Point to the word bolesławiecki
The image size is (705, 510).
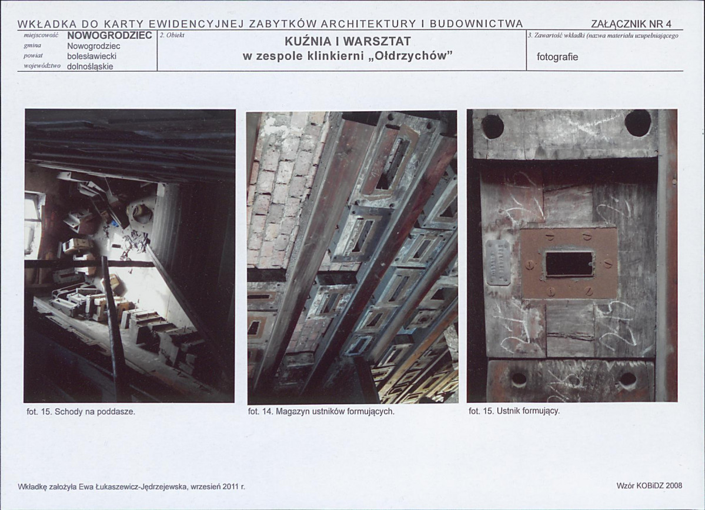(x=92, y=56)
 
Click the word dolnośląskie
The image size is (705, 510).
(x=90, y=66)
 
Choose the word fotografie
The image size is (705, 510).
(x=557, y=57)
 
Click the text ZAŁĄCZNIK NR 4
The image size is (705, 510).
(x=631, y=24)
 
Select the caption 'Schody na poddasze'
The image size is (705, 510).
(x=95, y=412)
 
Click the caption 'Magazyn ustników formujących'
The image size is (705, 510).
(x=335, y=412)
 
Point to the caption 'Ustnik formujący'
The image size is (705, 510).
(x=528, y=411)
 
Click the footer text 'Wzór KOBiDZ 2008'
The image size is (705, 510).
(x=649, y=486)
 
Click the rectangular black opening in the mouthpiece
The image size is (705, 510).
(x=569, y=264)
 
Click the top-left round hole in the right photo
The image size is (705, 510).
(x=492, y=126)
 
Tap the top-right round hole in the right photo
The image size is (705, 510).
(x=637, y=123)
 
